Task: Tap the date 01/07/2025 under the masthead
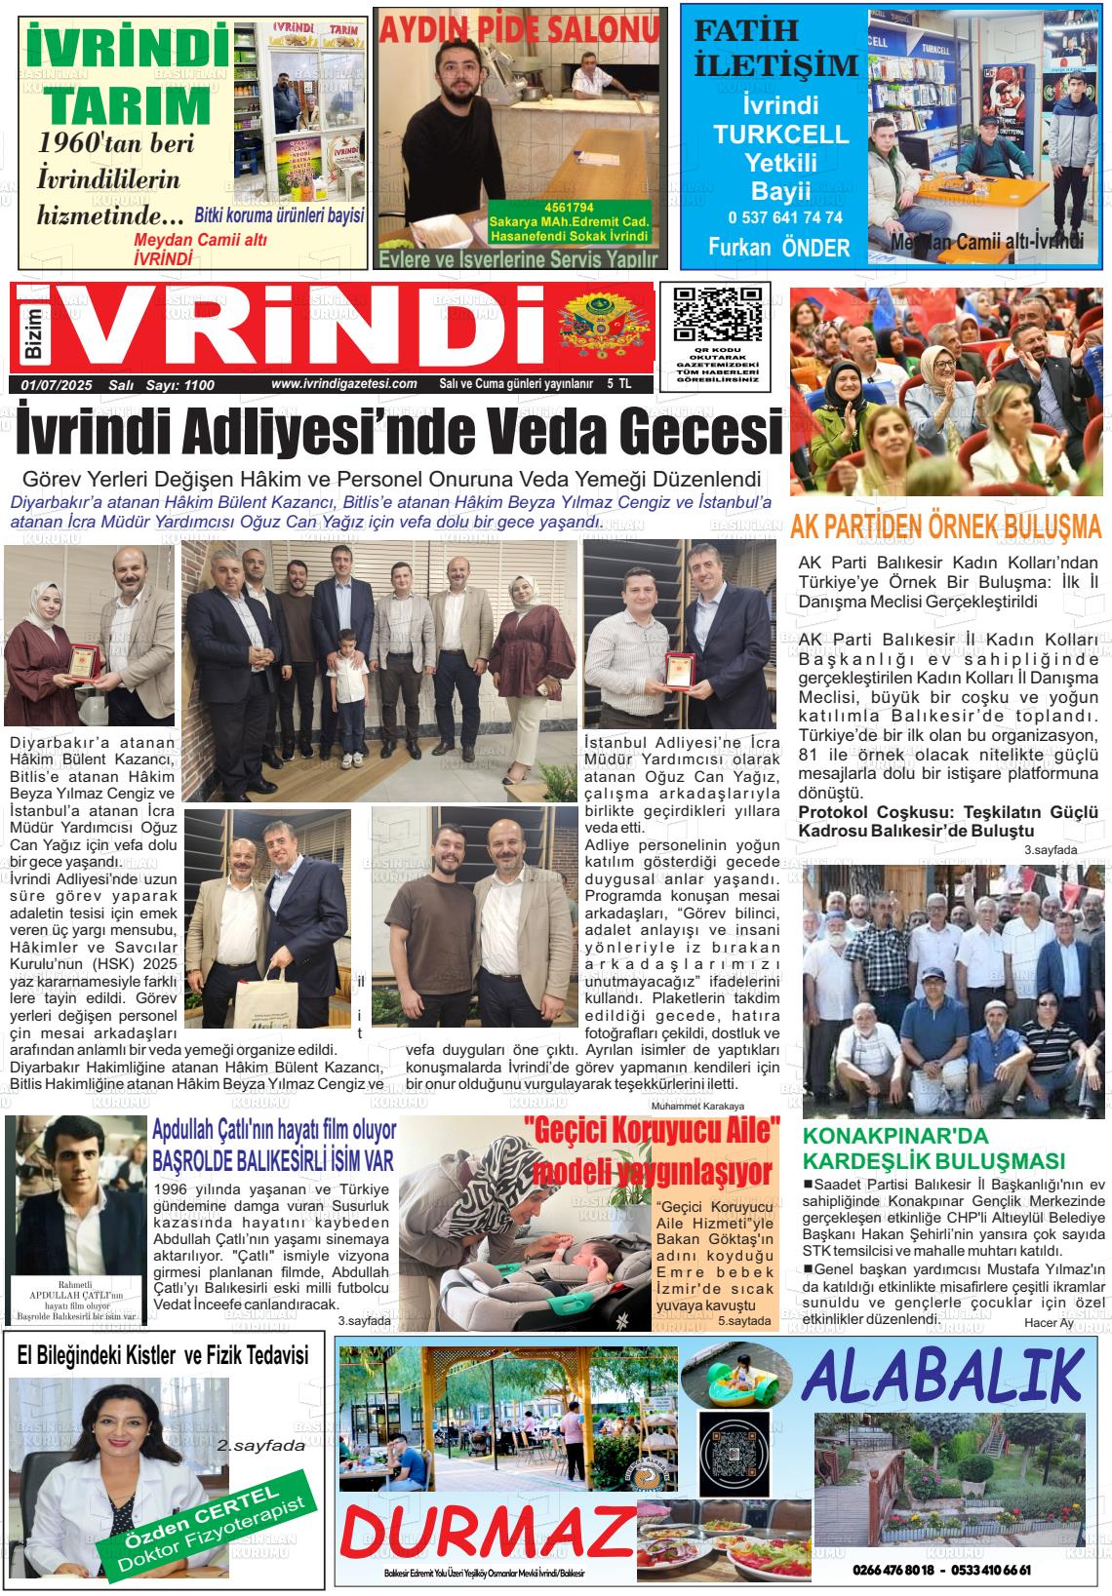(x=56, y=385)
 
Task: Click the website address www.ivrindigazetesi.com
(x=344, y=384)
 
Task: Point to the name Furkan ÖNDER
(x=778, y=248)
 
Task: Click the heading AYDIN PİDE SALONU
(x=519, y=31)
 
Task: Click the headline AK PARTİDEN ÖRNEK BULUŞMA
(x=945, y=527)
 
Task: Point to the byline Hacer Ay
(x=1049, y=1323)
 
